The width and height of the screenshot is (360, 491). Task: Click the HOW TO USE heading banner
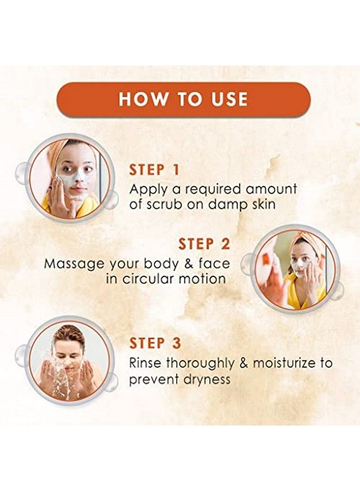tap(183, 99)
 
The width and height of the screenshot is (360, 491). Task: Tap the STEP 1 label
tap(154, 170)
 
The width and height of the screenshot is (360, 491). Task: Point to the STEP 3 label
tap(155, 343)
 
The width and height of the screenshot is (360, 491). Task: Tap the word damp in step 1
tap(236, 205)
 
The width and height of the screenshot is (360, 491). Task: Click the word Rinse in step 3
tap(145, 363)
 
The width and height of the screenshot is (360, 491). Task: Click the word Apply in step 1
tap(146, 190)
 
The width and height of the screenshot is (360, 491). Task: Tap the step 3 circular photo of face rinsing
tap(69, 361)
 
